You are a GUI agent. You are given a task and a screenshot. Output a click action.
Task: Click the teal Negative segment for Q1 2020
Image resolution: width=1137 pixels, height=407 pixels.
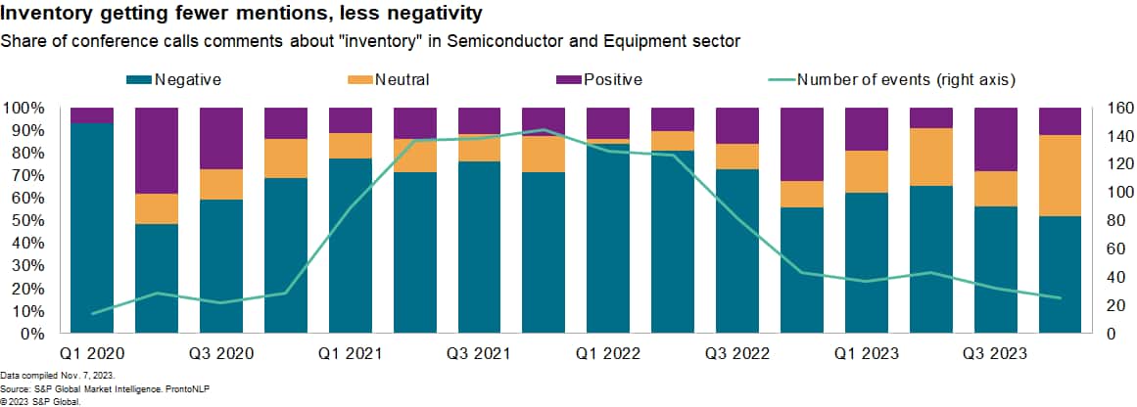pyautogui.click(x=92, y=225)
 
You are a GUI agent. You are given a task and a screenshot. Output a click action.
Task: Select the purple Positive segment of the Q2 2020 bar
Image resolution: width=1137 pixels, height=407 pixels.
pyautogui.click(x=157, y=151)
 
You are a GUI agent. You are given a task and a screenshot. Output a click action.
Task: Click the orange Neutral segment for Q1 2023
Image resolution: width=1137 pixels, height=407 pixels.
pyautogui.click(x=868, y=171)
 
